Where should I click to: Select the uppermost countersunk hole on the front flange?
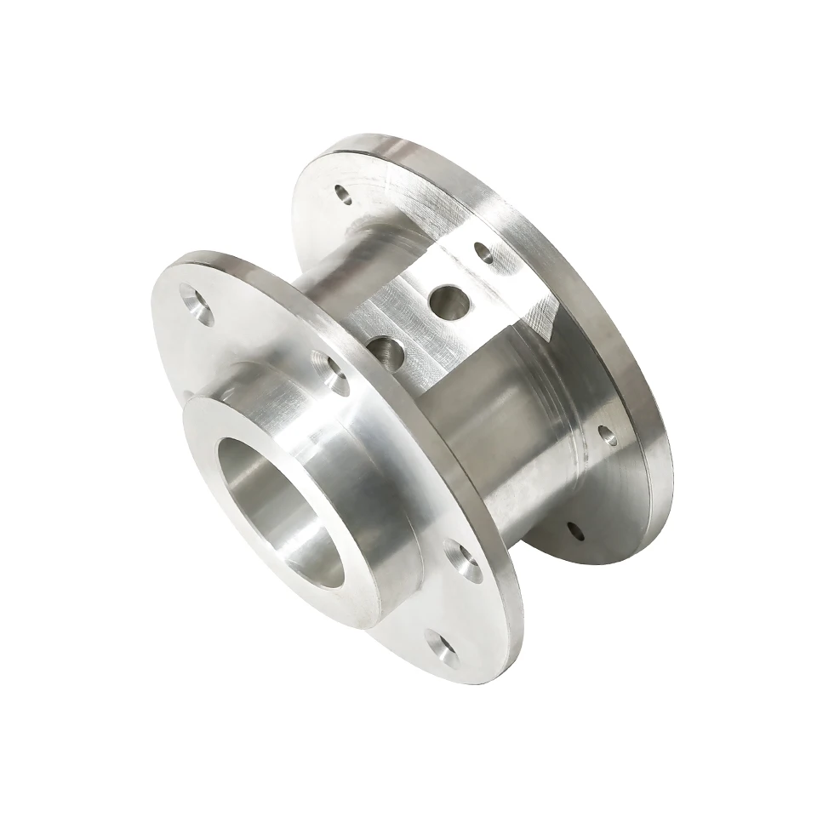point(198,304)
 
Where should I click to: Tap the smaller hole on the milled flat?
point(385,347)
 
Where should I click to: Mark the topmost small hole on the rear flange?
point(344,194)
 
